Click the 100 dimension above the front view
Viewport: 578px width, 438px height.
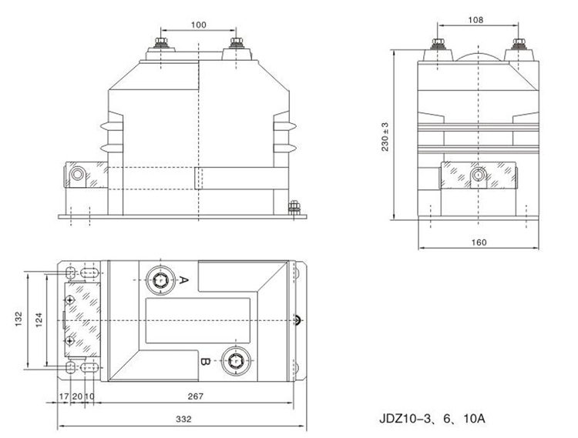[x=198, y=25]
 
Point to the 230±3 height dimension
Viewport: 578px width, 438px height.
[x=385, y=137]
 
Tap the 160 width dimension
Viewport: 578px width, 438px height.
[x=479, y=242]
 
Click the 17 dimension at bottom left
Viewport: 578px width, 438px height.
[x=64, y=397]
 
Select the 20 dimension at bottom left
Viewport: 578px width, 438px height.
[x=77, y=397]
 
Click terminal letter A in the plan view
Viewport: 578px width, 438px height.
[x=183, y=279]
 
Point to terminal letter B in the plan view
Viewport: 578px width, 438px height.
[x=204, y=359]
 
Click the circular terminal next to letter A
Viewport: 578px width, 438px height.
[x=161, y=280]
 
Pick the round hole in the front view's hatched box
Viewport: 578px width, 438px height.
[x=77, y=175]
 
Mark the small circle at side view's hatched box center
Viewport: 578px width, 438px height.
[x=479, y=176]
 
